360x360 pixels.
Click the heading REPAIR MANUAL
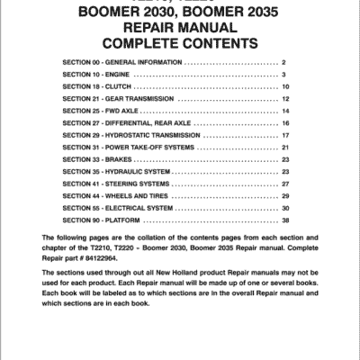181,28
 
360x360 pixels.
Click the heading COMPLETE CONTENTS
180,43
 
